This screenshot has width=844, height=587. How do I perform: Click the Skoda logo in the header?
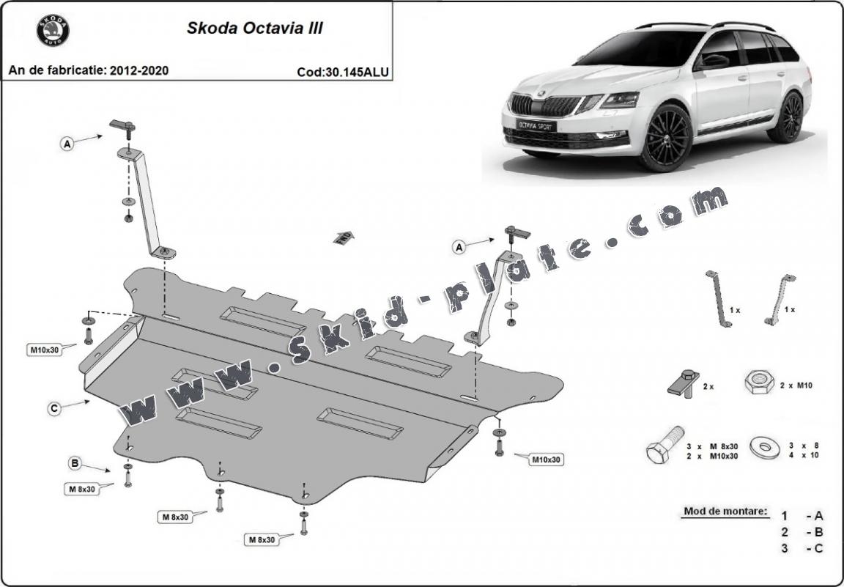(x=53, y=32)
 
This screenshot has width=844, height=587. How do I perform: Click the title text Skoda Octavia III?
(x=254, y=29)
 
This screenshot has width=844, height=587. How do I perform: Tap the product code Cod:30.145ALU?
(x=343, y=72)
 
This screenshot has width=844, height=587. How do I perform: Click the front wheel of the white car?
(x=665, y=138)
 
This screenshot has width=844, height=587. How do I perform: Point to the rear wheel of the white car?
(x=788, y=117)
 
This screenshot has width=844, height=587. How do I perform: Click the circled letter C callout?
(x=54, y=409)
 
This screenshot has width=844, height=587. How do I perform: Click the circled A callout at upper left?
(x=67, y=144)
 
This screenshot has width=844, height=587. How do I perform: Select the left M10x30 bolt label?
(x=44, y=350)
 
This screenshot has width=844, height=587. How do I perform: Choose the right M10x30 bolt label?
(x=546, y=459)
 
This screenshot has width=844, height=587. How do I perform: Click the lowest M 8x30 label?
(x=261, y=539)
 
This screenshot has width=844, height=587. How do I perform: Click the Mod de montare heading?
(x=726, y=511)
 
